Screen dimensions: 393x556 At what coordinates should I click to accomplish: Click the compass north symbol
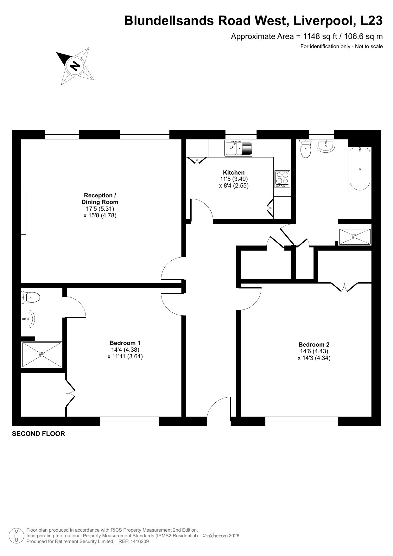point(75,66)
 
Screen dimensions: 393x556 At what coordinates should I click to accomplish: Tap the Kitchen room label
point(234,173)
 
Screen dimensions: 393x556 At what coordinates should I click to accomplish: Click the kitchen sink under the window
point(239,148)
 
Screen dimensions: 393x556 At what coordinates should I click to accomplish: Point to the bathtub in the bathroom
point(360,169)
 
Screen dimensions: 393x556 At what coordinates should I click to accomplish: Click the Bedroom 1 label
point(125,343)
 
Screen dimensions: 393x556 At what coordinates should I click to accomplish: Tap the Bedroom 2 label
point(314,344)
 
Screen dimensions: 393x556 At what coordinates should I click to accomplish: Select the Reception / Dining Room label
point(100,199)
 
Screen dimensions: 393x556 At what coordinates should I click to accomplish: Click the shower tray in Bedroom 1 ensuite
point(42,355)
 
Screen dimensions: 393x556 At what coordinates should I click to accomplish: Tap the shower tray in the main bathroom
point(355,237)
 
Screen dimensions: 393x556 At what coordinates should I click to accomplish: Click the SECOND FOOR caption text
point(38,434)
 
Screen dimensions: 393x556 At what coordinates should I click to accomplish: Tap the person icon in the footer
point(16,535)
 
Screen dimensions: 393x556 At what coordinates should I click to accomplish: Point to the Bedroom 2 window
point(301,421)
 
